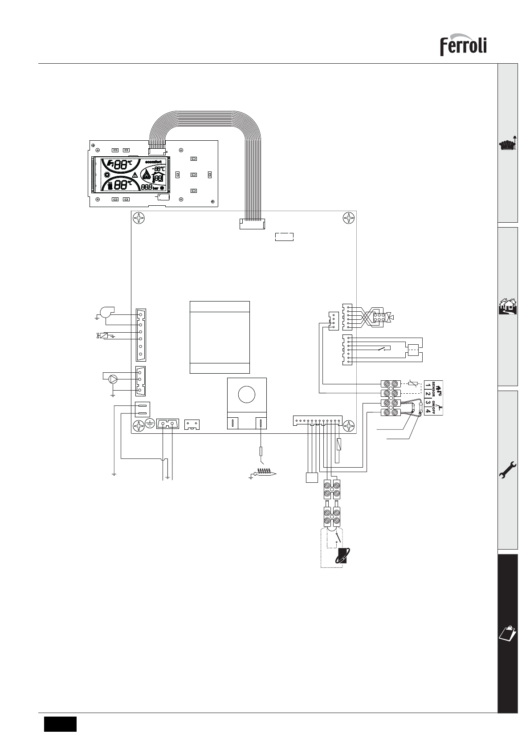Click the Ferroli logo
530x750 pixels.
point(463,46)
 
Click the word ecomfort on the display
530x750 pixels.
point(156,161)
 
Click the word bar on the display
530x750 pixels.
point(155,188)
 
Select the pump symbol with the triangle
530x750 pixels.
point(114,379)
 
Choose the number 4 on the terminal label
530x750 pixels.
point(428,411)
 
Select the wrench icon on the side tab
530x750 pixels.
point(508,469)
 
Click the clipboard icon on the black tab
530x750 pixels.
point(508,632)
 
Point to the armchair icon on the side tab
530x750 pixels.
point(507,145)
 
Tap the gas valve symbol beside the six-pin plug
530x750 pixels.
point(391,318)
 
